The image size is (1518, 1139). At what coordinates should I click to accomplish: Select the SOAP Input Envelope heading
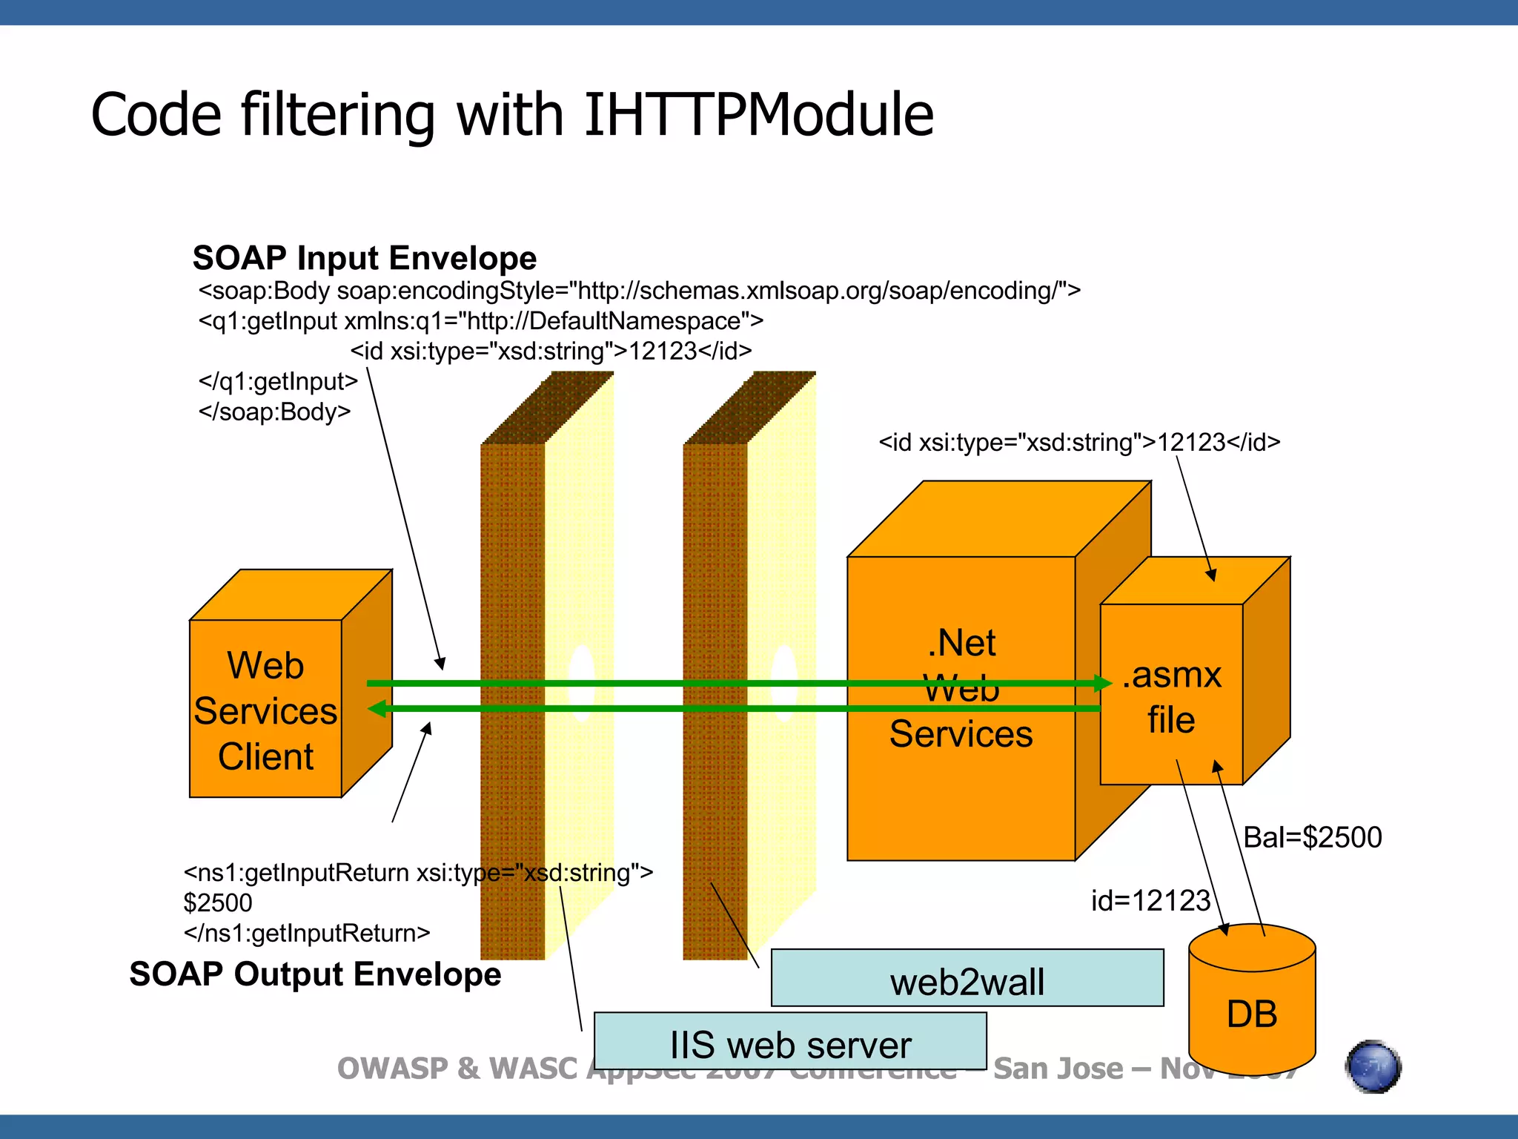pos(364,258)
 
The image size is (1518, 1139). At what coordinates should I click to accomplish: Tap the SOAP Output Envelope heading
pos(315,974)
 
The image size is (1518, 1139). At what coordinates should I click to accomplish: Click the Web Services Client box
pos(265,710)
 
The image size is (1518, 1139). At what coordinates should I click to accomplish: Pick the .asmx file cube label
pos(1171,697)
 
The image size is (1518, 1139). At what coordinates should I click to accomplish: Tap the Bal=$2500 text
pos(1312,837)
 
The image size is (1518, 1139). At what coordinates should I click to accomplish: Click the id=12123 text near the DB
pos(1150,900)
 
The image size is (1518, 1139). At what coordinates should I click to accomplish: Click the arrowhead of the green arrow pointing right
pos(1104,683)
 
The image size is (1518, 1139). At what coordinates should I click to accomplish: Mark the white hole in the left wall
pos(581,682)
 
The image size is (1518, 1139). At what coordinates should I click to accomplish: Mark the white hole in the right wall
pos(784,682)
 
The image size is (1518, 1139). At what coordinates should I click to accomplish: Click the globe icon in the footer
pos(1373,1066)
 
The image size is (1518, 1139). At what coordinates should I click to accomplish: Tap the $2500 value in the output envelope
pos(218,902)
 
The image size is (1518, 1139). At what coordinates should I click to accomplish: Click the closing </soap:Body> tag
pos(274,412)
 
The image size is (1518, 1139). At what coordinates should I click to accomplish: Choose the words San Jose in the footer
pos(1058,1069)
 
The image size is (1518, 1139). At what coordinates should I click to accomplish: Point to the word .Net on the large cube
pos(961,642)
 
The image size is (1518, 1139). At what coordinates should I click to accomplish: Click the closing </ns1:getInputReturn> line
pos(307,933)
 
